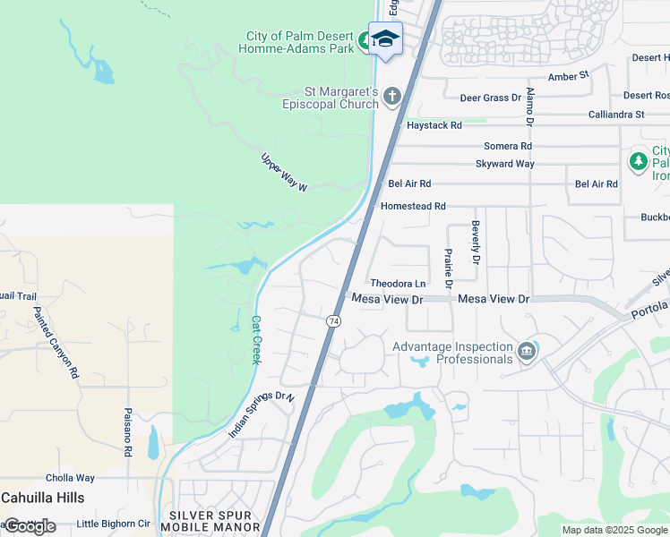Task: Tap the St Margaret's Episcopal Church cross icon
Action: pos(391,96)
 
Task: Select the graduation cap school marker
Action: pos(385,38)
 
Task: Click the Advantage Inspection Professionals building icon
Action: pos(526,350)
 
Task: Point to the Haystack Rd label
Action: pos(434,126)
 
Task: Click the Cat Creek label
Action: pos(255,339)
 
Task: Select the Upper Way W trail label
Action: pos(285,172)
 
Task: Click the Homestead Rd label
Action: pos(413,206)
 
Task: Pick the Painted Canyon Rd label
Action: pos(56,342)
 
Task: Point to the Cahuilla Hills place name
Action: pos(43,498)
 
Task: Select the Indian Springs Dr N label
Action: pos(261,414)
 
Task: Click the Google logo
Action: pos(29,526)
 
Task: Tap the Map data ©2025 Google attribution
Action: pos(614,530)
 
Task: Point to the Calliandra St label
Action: pos(616,115)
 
